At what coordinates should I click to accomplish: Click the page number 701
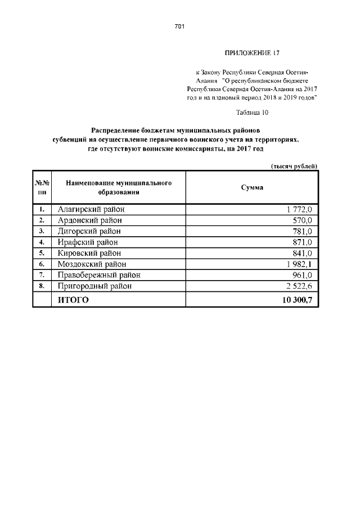tap(180, 26)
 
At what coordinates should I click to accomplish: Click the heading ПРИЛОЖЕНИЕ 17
tap(252, 53)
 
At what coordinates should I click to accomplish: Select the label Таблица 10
tap(253, 112)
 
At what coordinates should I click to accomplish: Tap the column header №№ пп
tap(42, 187)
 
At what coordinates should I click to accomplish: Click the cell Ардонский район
tap(89, 220)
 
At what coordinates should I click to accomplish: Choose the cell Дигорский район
tap(89, 231)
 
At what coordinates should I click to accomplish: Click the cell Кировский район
tap(89, 253)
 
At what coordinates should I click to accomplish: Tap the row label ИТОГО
tap(73, 300)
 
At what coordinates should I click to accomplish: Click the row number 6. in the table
tap(42, 264)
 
